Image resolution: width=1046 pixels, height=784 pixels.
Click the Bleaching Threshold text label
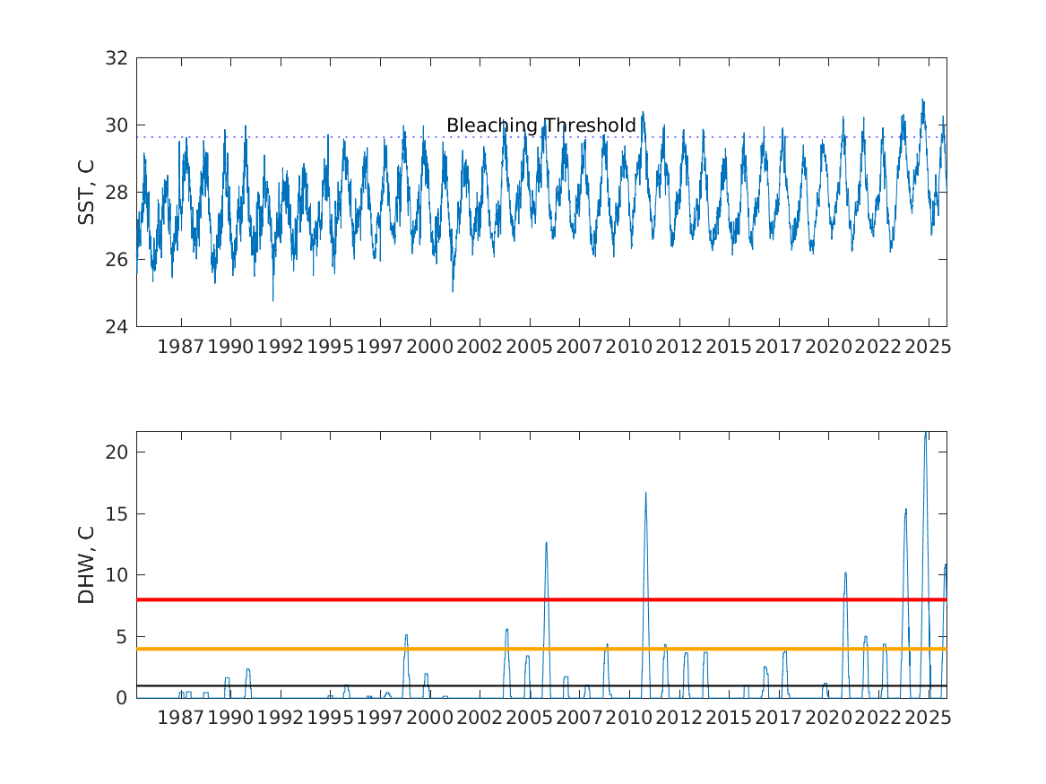[x=540, y=125]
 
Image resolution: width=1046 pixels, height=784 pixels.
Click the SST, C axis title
[x=86, y=192]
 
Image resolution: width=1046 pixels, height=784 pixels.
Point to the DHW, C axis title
[x=86, y=564]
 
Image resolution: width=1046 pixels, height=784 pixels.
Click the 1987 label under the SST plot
[x=181, y=347]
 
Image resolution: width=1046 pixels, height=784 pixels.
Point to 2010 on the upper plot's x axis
[x=628, y=347]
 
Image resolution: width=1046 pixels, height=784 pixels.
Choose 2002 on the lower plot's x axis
[x=480, y=718]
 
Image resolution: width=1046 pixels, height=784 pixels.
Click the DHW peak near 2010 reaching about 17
[x=645, y=494]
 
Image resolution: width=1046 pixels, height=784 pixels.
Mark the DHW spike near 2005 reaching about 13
[x=546, y=543]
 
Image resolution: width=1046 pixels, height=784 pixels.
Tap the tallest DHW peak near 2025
[x=926, y=435]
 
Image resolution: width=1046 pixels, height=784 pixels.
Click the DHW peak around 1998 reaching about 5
[x=406, y=635]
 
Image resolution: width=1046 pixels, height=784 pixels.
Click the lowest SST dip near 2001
[x=453, y=290]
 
